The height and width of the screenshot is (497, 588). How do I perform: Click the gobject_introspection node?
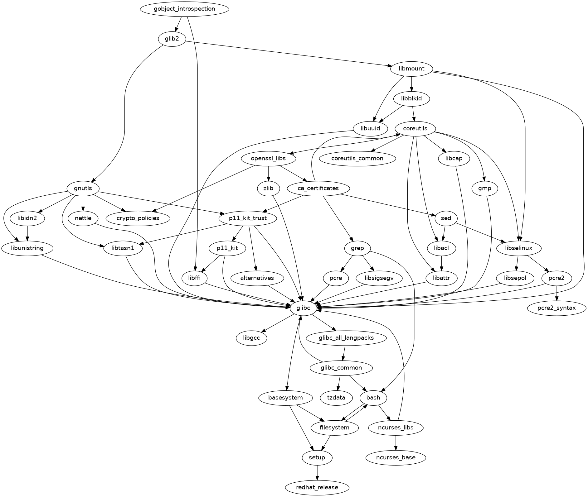pos(184,9)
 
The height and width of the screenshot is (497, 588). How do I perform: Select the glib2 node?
pos(172,39)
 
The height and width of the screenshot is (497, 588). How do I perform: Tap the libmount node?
pos(411,69)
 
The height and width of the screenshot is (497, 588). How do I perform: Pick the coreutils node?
pos(415,129)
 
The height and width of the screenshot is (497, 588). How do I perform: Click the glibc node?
pos(304,308)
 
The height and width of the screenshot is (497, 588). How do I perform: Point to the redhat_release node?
pos(317,487)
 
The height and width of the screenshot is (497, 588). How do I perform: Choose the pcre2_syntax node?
pos(557,308)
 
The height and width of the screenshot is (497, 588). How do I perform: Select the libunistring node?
pos(27,248)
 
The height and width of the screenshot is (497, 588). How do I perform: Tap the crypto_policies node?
pos(138,218)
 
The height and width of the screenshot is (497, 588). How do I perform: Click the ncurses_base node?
pos(396,457)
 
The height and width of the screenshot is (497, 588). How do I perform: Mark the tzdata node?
pos(337,398)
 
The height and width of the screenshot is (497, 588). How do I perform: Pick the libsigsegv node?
pos(379,278)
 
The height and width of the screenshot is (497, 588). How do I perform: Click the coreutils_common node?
pos(357,158)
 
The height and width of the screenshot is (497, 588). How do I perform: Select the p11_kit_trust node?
pos(248,218)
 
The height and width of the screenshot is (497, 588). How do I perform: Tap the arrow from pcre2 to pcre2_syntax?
pos(557,293)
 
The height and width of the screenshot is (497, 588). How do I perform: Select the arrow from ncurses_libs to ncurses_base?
pos(396,442)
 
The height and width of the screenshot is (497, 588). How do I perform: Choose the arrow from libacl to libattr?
pos(441,263)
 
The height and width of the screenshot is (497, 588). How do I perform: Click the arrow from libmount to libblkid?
pos(412,84)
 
